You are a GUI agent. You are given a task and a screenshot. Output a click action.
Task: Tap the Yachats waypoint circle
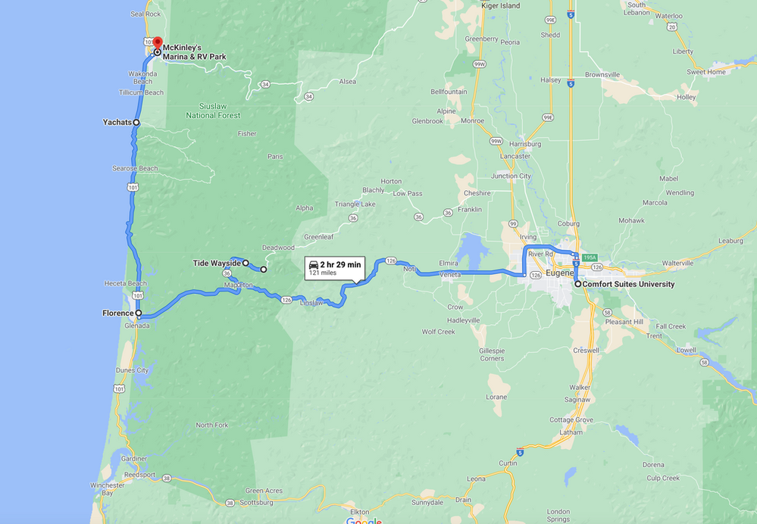click(136, 122)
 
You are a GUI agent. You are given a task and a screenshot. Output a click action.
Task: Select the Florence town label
click(117, 313)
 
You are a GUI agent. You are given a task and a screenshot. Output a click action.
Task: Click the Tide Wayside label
click(216, 264)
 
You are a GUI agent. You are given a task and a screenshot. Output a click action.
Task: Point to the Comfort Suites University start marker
click(577, 284)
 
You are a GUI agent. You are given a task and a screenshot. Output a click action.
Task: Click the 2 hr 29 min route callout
click(334, 267)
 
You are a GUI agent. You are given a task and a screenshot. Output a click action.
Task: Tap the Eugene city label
click(559, 273)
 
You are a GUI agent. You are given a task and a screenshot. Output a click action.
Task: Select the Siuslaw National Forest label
click(213, 111)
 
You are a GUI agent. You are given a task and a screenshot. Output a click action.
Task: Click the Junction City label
click(510, 176)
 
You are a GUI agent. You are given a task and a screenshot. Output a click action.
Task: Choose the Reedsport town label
click(139, 475)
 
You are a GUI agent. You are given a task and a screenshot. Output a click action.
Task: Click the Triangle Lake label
click(355, 204)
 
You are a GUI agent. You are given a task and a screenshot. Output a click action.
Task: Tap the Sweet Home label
click(706, 72)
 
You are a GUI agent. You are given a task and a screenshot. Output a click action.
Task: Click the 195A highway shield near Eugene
click(590, 257)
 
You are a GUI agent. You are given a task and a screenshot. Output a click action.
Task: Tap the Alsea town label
click(347, 82)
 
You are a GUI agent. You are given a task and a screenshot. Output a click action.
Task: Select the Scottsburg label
click(255, 502)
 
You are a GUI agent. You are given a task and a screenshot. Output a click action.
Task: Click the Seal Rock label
click(145, 14)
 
